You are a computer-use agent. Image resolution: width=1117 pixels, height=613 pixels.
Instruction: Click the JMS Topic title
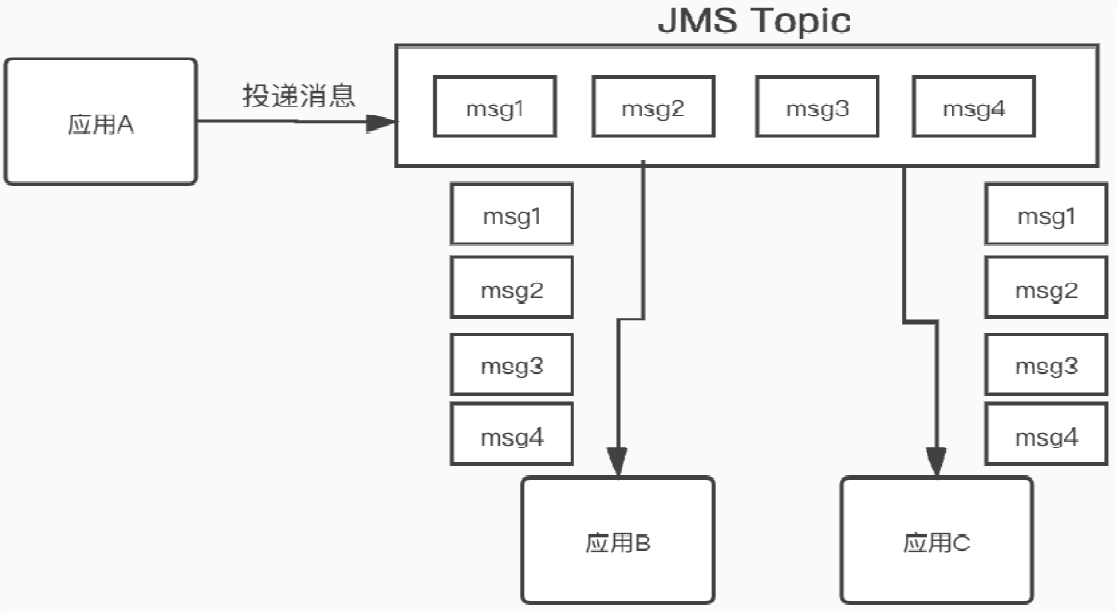(754, 20)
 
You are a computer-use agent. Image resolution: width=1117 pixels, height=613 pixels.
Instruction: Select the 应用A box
(100, 122)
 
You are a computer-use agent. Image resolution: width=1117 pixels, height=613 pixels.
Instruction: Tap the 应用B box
(618, 542)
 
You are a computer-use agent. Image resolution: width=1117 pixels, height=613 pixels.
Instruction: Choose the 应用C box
(936, 542)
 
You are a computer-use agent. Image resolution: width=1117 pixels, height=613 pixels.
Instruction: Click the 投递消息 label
(299, 95)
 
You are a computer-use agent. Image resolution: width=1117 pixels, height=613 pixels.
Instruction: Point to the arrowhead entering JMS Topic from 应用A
(383, 122)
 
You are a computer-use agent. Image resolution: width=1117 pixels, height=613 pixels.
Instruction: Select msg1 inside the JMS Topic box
(495, 108)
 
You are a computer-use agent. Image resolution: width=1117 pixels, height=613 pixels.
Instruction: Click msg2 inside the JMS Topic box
(651, 108)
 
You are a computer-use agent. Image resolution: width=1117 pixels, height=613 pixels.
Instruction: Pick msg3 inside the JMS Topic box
(817, 108)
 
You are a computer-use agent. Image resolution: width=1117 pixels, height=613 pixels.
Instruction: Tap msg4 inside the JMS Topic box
(974, 108)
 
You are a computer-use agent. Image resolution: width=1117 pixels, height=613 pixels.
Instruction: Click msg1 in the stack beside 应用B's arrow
(512, 215)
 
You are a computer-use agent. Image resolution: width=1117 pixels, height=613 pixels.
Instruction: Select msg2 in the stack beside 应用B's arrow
(512, 288)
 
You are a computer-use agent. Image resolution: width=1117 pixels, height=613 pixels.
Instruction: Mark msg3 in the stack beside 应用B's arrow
(512, 365)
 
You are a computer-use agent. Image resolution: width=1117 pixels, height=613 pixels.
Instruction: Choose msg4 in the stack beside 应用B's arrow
(512, 436)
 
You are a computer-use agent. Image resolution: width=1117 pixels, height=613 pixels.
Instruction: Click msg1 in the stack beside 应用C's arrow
(1047, 215)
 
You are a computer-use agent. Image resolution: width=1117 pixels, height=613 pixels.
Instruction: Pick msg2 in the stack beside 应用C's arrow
(1047, 288)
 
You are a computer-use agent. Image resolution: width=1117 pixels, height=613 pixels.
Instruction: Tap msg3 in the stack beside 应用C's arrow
(1047, 365)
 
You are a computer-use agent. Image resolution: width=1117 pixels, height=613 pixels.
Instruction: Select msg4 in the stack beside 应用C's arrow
(1047, 436)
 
